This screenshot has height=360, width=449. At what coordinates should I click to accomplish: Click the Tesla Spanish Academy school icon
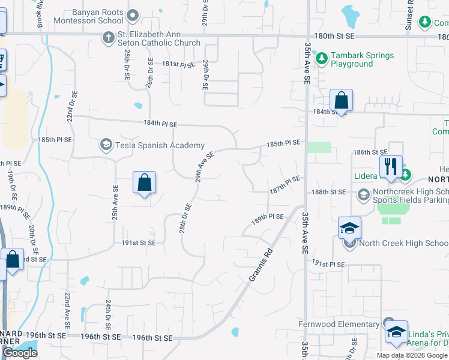coord(106,145)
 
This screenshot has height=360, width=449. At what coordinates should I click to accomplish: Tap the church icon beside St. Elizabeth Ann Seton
coord(109,38)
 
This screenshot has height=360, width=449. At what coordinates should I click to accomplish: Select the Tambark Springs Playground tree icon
coord(322,59)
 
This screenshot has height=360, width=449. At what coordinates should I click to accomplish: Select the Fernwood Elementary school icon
coord(388,324)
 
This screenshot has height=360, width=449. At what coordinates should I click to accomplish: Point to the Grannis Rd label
coord(261,266)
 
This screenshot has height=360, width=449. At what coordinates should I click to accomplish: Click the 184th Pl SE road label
coord(160,124)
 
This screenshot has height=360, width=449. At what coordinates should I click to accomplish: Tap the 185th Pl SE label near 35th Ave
coord(283,144)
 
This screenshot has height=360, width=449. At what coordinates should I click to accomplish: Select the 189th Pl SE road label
coord(267,217)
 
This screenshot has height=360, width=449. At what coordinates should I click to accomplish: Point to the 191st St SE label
coord(139,243)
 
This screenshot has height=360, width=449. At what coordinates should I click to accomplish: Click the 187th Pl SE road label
coord(284,182)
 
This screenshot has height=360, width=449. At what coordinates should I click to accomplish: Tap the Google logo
coord(20,353)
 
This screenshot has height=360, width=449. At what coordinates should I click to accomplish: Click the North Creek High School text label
coord(403,243)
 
